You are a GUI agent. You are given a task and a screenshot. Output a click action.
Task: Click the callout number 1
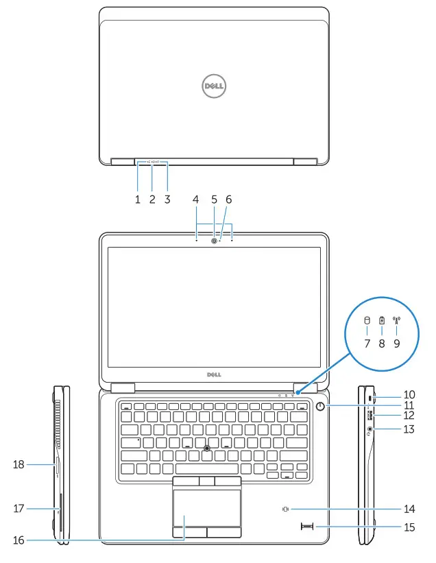[137, 200]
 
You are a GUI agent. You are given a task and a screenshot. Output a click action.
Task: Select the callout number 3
[167, 200]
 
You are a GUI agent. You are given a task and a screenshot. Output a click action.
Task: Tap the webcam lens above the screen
[215, 241]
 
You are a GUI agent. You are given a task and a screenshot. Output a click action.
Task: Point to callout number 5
[214, 200]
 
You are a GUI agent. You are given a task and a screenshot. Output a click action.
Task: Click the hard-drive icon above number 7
[366, 320]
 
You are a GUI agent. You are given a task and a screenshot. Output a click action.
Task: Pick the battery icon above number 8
[382, 320]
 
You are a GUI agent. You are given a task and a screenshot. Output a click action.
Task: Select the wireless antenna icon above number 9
[396, 320]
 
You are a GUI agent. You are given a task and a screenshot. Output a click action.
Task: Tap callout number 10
[409, 395]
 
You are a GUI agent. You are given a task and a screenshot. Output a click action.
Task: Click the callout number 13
[409, 429]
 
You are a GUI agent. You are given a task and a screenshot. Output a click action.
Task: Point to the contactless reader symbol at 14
[287, 510]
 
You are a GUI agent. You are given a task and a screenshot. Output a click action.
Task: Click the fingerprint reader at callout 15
[306, 526]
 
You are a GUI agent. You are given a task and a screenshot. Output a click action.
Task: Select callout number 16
[19, 540]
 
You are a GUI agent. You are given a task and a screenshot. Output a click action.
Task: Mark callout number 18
[19, 465]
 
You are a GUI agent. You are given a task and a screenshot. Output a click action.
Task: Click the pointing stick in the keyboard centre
[207, 447]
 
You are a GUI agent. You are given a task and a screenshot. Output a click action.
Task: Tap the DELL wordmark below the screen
[213, 376]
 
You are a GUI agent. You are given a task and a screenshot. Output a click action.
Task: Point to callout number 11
[409, 405]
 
